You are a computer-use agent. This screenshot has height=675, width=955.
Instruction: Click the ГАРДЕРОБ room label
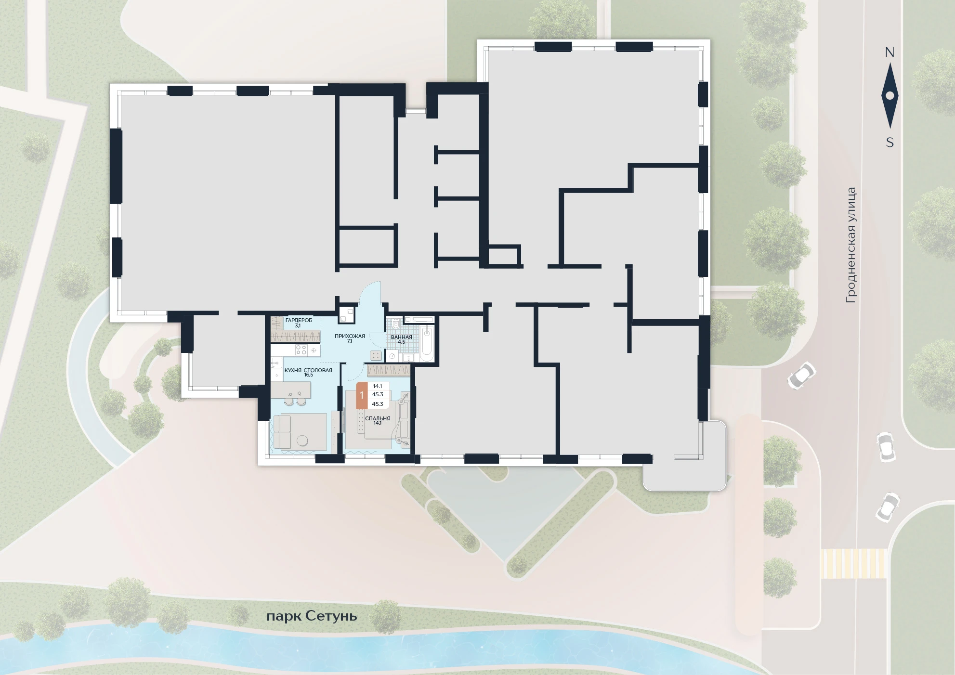(x=299, y=320)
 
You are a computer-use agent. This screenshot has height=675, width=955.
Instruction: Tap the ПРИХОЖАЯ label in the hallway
(x=350, y=336)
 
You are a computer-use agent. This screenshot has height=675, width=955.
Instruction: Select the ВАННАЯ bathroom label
(x=401, y=337)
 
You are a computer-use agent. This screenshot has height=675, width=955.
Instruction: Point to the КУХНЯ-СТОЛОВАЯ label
(x=308, y=370)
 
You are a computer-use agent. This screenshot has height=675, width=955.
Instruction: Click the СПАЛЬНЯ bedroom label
(x=378, y=418)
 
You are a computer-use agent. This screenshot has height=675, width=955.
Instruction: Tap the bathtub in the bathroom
(x=427, y=343)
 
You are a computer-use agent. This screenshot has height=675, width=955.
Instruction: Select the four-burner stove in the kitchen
(x=301, y=350)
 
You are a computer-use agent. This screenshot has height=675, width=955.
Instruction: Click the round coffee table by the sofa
(x=302, y=441)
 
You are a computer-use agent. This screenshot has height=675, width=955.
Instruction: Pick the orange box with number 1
(x=362, y=395)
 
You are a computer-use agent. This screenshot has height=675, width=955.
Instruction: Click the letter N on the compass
(x=890, y=52)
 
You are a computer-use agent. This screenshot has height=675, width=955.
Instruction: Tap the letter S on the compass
(x=890, y=143)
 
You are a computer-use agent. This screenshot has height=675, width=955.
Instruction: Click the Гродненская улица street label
(x=851, y=245)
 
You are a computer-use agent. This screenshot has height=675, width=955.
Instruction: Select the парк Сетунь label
(x=312, y=617)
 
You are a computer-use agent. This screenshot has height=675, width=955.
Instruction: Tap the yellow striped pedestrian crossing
(x=854, y=563)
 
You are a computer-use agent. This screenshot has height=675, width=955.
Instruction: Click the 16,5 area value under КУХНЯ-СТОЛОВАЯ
(x=309, y=375)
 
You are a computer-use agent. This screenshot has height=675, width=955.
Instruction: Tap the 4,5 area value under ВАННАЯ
(x=402, y=342)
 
